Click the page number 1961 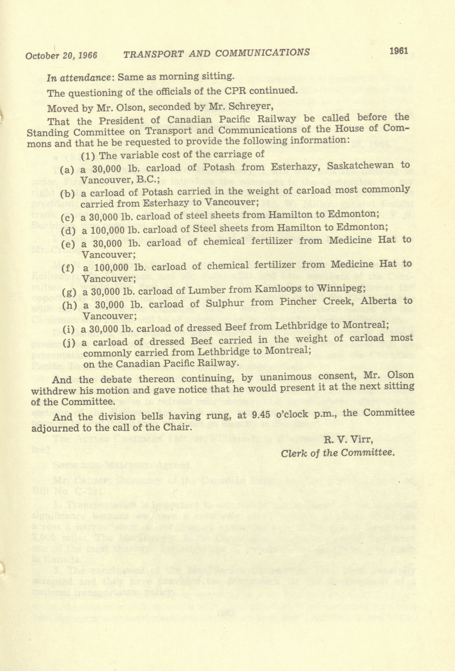point(399,51)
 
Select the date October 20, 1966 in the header point(61,55)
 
